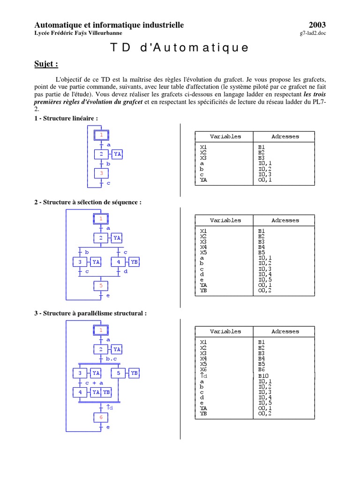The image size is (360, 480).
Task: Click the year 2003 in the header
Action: click(x=317, y=25)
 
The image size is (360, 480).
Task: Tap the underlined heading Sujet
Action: click(x=46, y=64)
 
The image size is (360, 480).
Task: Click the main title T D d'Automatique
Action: click(x=180, y=48)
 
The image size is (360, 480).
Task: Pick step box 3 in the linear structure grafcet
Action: click(x=101, y=173)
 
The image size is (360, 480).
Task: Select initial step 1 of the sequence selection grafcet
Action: click(x=101, y=218)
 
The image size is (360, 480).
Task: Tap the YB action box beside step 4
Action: click(x=134, y=262)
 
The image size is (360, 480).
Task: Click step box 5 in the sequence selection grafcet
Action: click(x=101, y=285)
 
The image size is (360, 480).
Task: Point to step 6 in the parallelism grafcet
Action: click(x=101, y=417)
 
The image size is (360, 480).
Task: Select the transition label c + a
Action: click(x=94, y=383)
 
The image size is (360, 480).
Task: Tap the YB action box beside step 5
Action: click(x=134, y=373)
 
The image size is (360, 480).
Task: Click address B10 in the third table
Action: click(x=263, y=376)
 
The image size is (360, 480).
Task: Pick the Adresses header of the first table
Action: click(x=285, y=136)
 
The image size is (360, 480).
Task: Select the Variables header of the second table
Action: click(x=225, y=220)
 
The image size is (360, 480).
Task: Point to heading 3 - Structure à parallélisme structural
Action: click(x=90, y=313)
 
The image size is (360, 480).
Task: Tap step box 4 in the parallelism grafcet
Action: click(x=80, y=392)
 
